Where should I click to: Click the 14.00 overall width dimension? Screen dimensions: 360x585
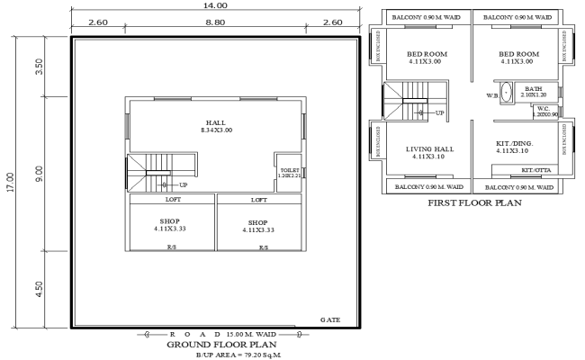pyautogui.click(x=216, y=5)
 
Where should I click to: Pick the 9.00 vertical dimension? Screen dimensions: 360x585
pyautogui.click(x=39, y=172)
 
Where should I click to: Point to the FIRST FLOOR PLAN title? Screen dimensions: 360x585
pyautogui.click(x=476, y=202)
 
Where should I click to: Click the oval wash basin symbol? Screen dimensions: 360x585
pyautogui.click(x=506, y=92)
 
